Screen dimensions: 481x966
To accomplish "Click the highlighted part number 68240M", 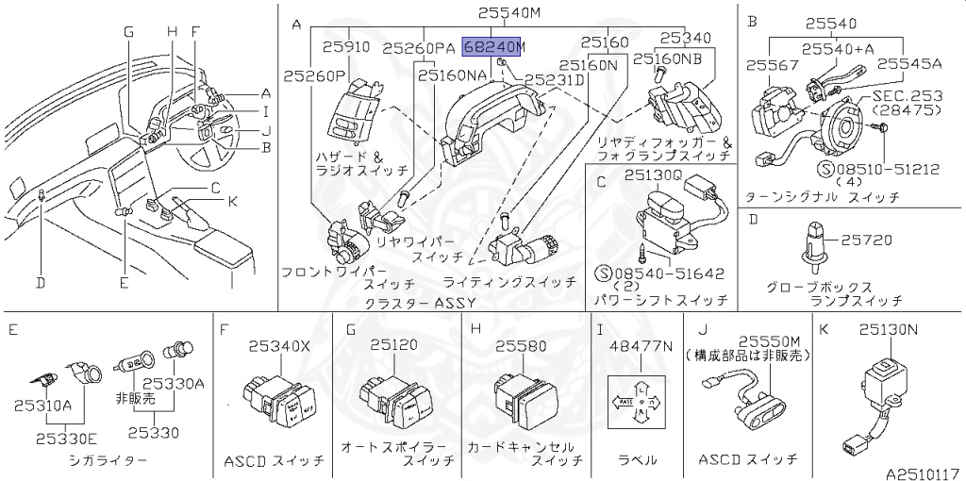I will click(x=493, y=45).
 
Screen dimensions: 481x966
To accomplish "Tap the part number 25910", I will click(x=346, y=45).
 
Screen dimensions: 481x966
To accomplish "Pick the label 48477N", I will click(x=641, y=346).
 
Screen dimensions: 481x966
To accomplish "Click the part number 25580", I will click(x=521, y=346).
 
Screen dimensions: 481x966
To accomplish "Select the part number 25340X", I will click(x=278, y=346).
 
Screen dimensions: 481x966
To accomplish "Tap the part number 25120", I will click(x=394, y=346).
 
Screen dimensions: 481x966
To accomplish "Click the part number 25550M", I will click(x=769, y=340).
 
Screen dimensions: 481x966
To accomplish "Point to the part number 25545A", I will click(x=909, y=64).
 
